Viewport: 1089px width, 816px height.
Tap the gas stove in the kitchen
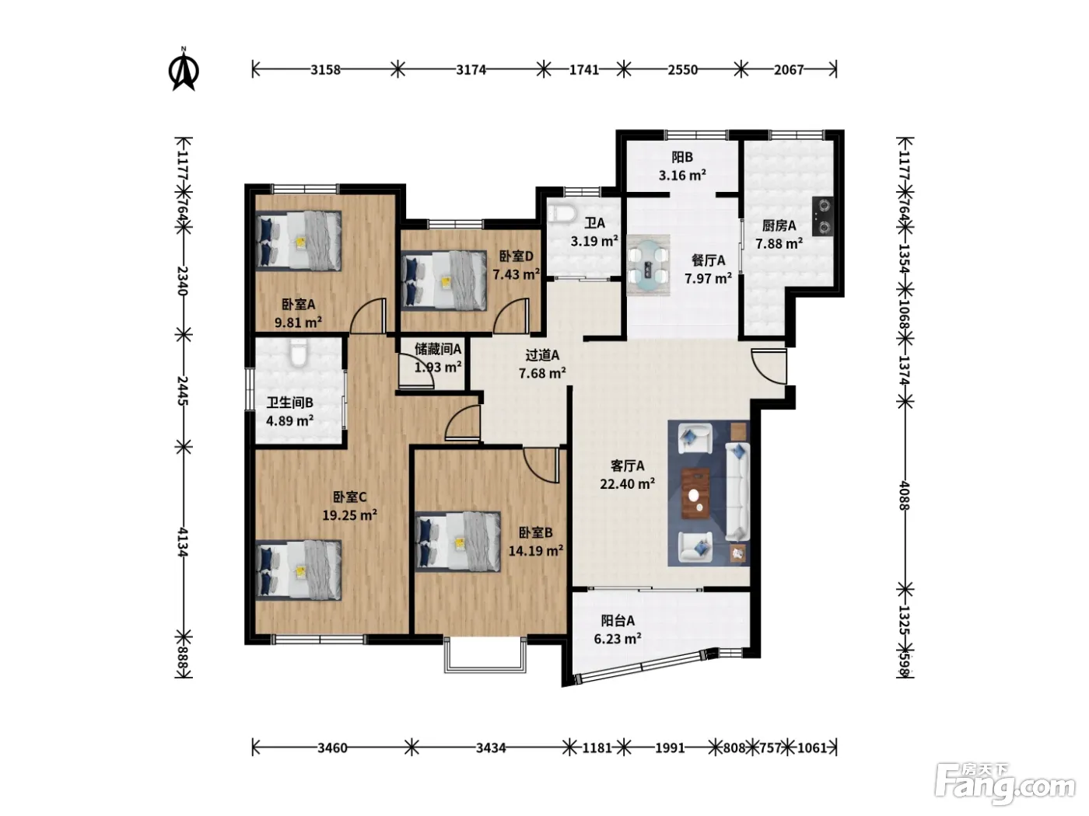[822, 216]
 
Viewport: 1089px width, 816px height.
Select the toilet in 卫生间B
[299, 352]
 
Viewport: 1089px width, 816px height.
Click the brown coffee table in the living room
[695, 493]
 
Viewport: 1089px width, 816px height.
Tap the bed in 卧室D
[444, 281]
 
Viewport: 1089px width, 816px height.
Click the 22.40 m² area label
[627, 483]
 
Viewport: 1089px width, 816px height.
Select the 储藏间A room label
[438, 349]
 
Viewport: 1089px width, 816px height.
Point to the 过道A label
[542, 354]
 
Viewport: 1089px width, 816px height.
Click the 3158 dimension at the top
[325, 70]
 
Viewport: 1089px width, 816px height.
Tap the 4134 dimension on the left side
[183, 542]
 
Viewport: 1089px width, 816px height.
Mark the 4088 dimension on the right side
[905, 495]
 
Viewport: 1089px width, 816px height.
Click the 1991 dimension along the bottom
[669, 748]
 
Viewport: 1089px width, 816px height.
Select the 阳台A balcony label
[618, 620]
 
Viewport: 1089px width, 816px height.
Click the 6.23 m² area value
[618, 638]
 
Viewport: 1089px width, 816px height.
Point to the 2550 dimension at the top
[682, 70]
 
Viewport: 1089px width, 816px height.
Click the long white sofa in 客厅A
[737, 491]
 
